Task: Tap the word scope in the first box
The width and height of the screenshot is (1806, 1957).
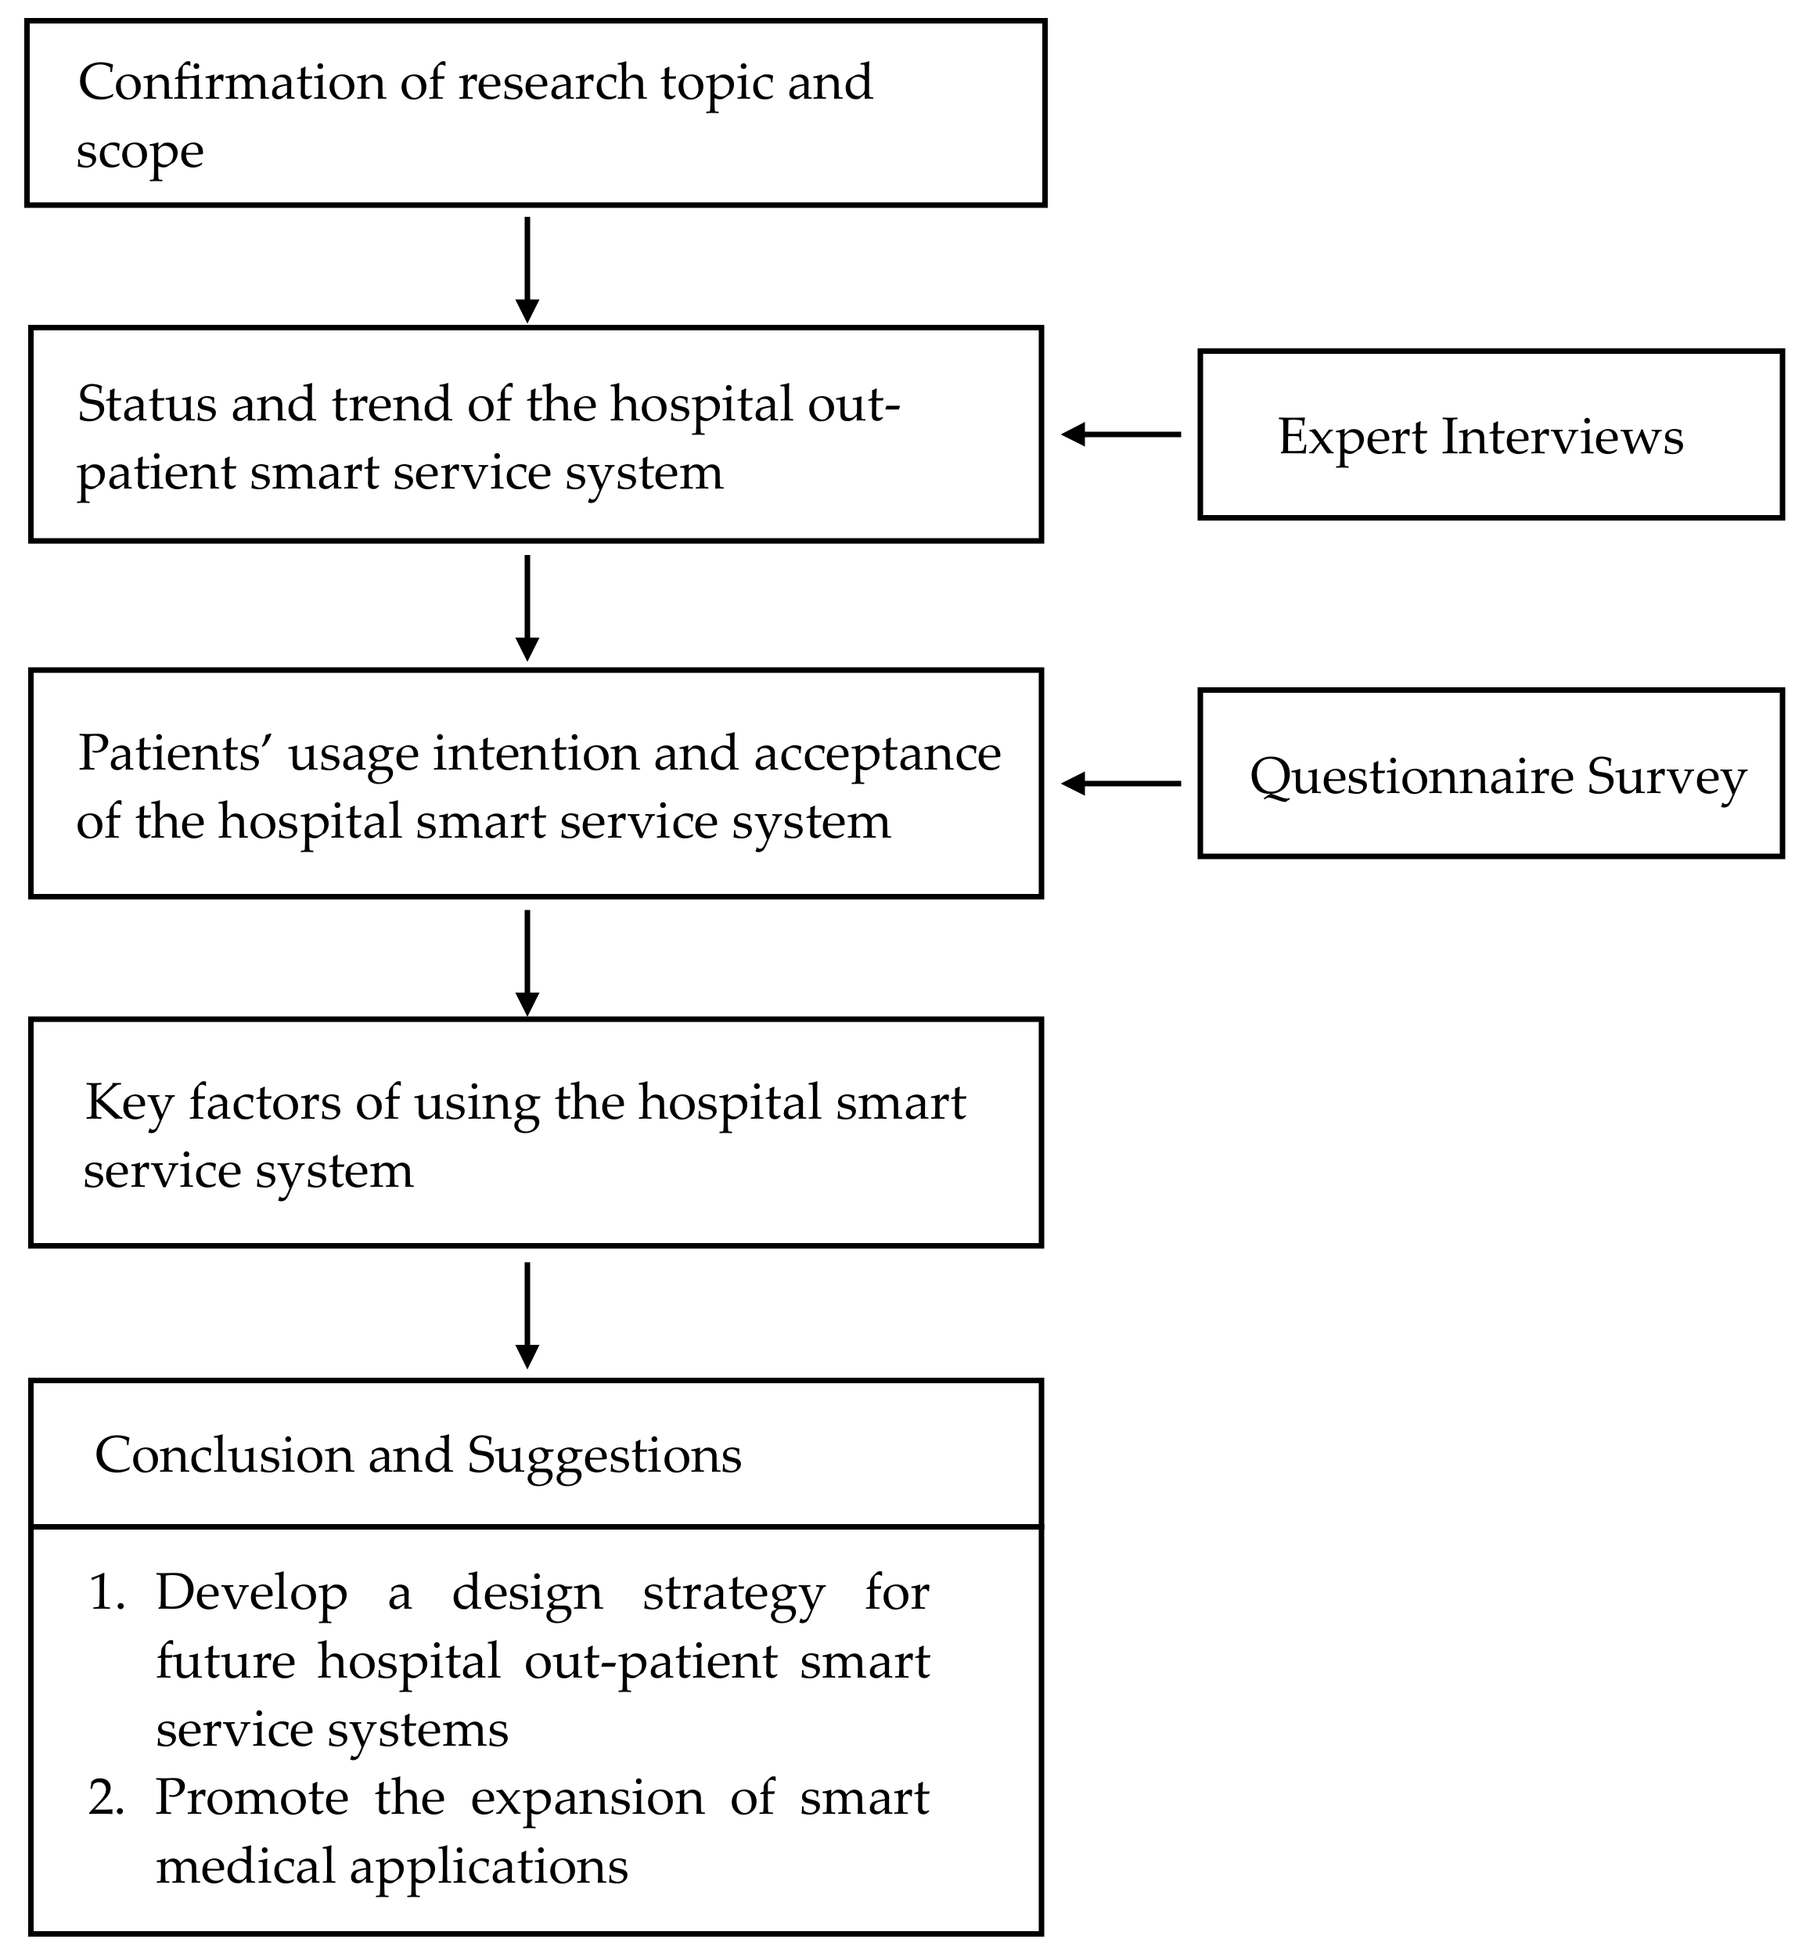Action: point(140,152)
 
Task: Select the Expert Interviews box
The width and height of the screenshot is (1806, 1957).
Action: point(1491,435)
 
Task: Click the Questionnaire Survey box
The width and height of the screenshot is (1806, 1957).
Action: point(1491,774)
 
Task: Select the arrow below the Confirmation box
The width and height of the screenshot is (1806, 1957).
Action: point(527,269)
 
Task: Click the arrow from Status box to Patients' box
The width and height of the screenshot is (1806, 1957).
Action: point(527,607)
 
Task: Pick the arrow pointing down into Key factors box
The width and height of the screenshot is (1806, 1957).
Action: point(527,962)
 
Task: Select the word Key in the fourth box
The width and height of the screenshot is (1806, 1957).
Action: point(126,1103)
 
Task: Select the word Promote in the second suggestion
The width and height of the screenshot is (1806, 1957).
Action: point(251,1799)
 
